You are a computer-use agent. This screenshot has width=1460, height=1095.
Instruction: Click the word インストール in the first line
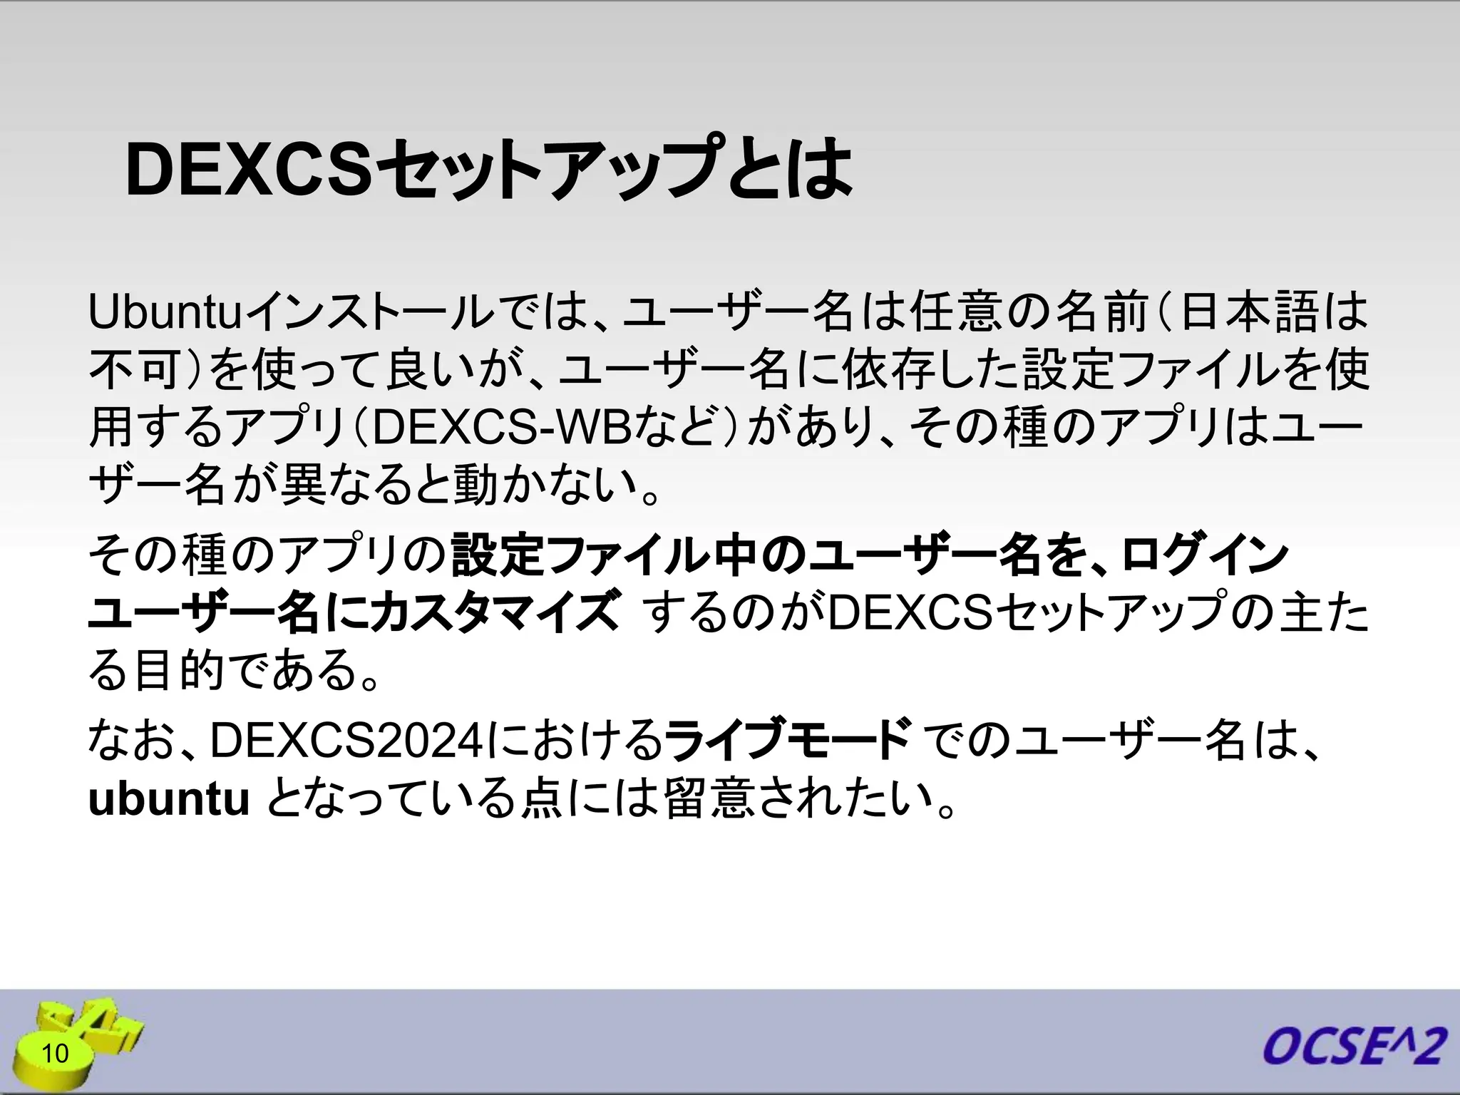(371, 314)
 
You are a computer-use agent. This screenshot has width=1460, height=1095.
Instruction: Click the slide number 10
(55, 1053)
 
